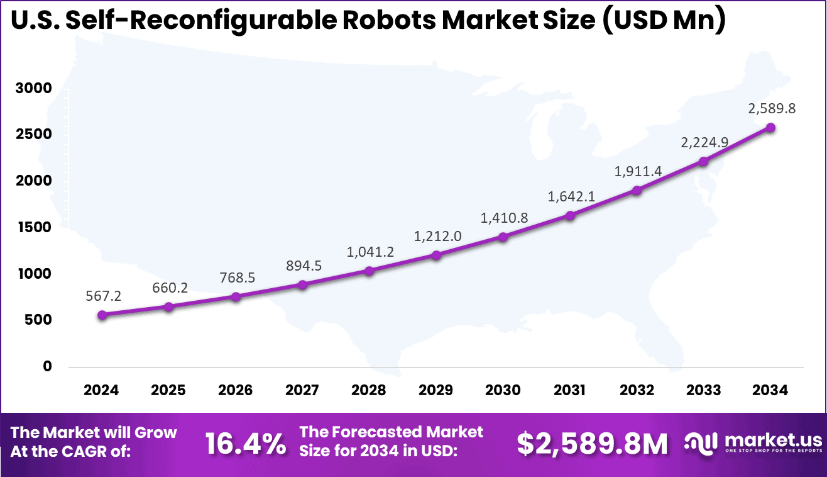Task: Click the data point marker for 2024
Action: click(102, 315)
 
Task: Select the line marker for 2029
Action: click(436, 255)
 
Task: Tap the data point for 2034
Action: click(770, 128)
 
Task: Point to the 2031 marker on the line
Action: click(570, 216)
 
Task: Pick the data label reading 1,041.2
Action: click(370, 252)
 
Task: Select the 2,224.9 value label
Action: click(704, 142)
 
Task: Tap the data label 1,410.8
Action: click(503, 218)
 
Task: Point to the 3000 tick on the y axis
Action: click(33, 89)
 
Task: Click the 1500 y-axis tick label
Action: click(33, 228)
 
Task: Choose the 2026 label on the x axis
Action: click(236, 390)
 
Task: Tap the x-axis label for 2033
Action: click(704, 390)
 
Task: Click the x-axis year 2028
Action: click(370, 390)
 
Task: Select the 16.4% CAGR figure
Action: click(246, 444)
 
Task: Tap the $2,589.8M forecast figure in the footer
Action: click(592, 444)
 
